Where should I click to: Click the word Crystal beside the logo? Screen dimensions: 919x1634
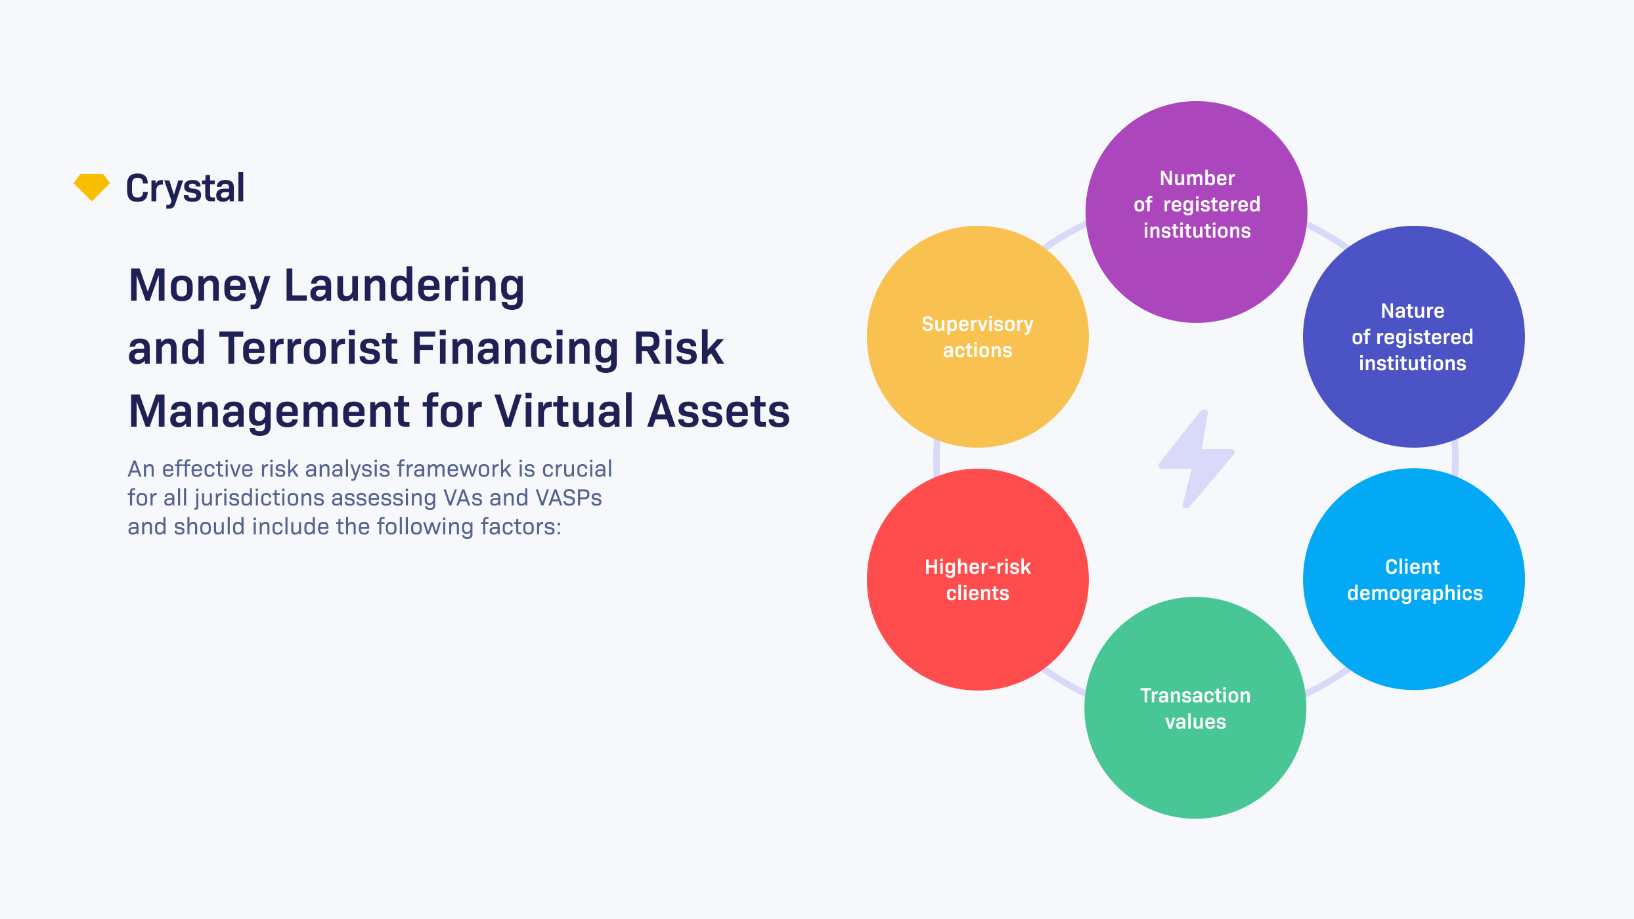[x=185, y=188]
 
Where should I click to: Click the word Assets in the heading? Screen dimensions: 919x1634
[x=718, y=412]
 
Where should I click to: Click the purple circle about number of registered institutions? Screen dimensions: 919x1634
[x=1196, y=276]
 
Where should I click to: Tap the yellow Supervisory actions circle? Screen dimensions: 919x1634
[x=977, y=394]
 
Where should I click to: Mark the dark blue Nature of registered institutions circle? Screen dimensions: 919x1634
[x=1414, y=400]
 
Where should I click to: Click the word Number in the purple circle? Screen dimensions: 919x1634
[x=1197, y=178]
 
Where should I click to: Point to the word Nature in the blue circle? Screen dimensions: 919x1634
[x=1412, y=310]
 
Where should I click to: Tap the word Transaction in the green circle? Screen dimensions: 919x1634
[x=1195, y=695]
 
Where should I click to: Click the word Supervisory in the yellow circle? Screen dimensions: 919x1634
[x=977, y=324]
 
